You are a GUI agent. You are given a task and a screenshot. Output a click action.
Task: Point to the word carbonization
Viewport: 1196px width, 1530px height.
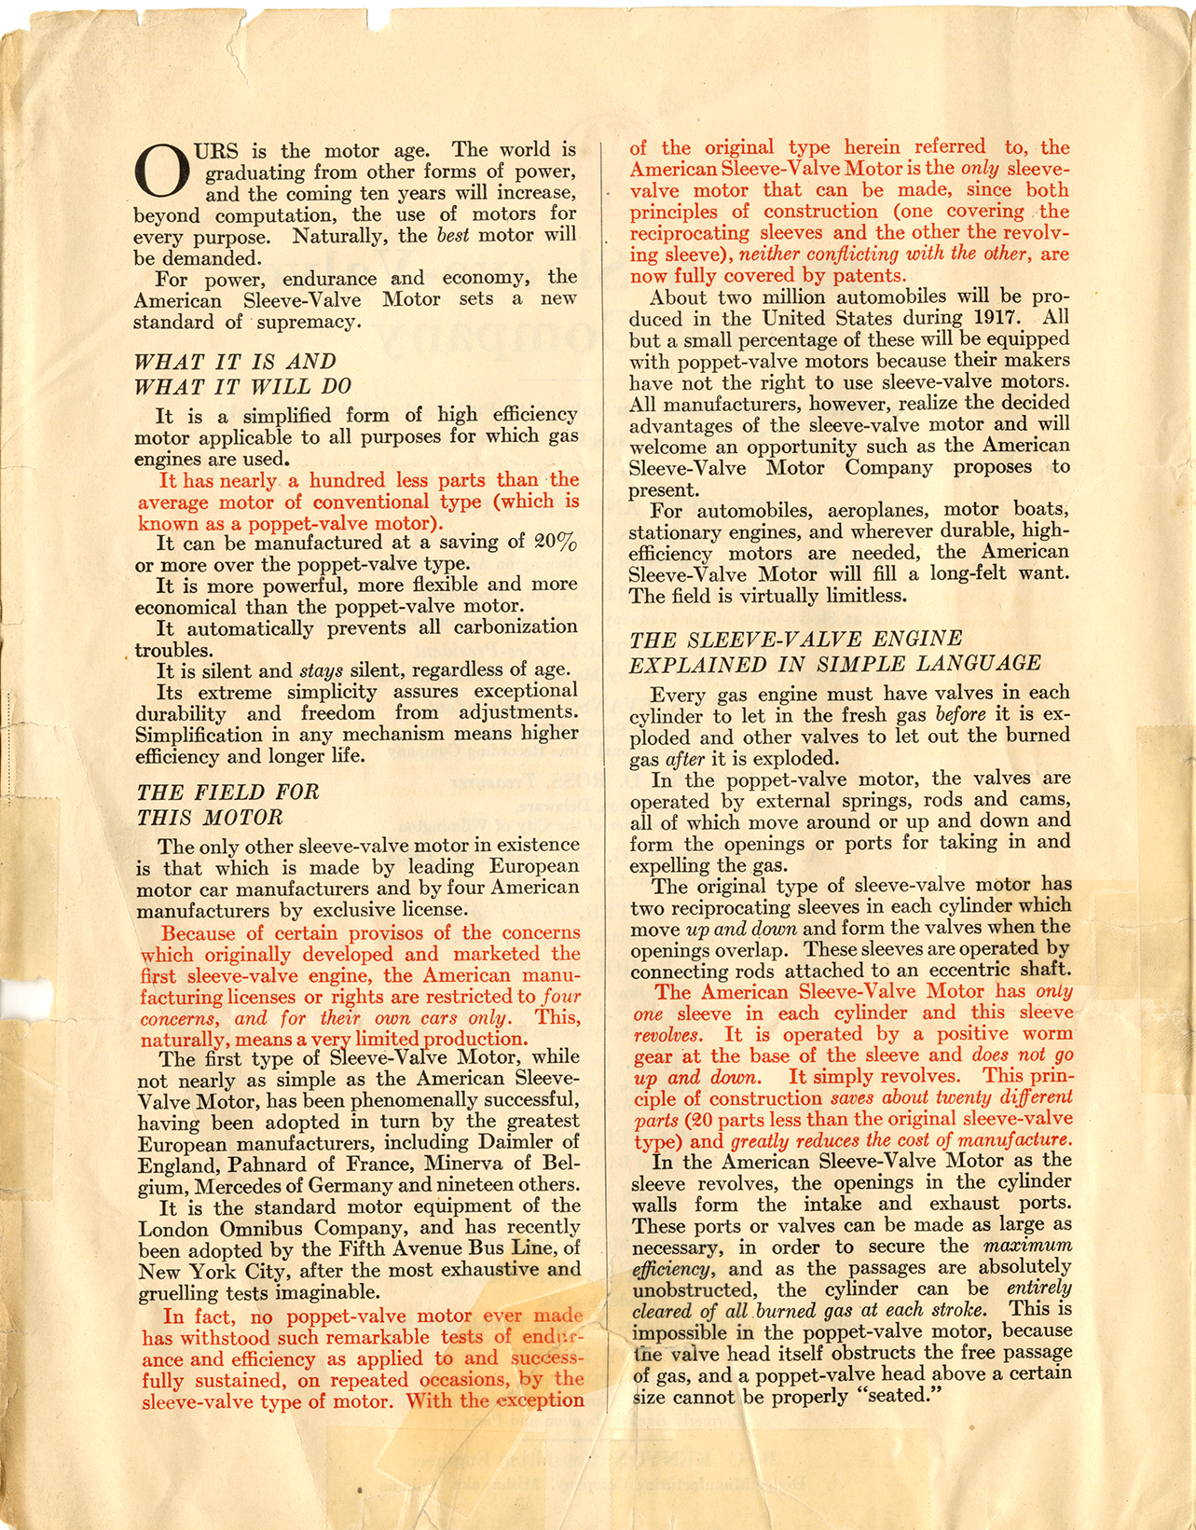[518, 627]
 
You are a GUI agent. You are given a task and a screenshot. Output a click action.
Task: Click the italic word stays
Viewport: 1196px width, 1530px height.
[321, 669]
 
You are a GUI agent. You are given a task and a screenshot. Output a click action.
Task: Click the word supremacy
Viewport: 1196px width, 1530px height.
[304, 322]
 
